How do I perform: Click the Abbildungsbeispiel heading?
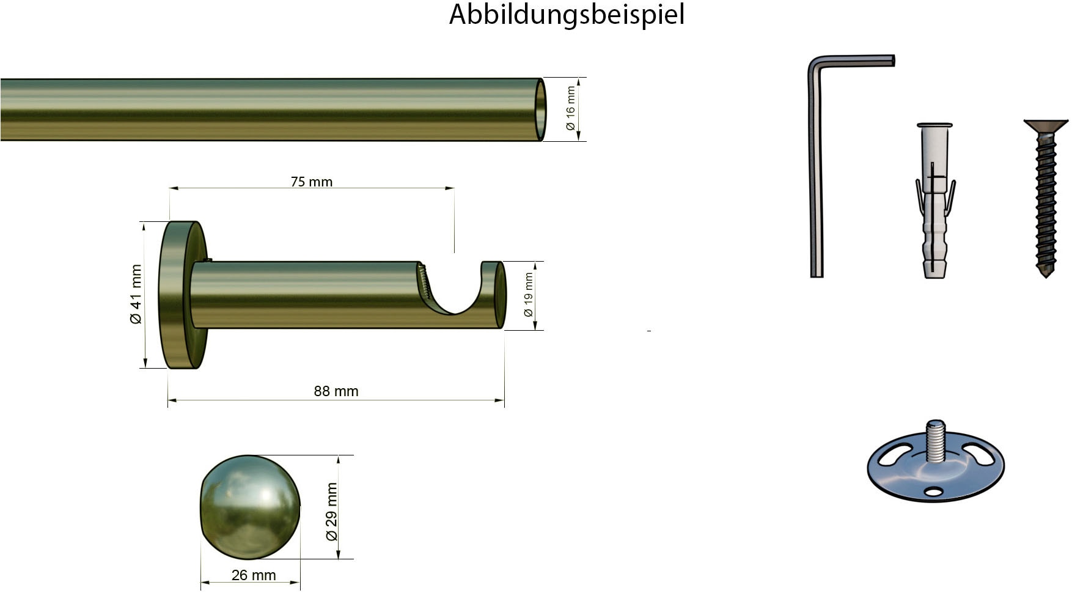click(567, 15)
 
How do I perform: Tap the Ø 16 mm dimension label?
click(570, 108)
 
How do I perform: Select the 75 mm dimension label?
click(312, 182)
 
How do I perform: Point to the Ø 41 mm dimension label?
click(136, 294)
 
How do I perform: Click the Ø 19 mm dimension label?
click(529, 295)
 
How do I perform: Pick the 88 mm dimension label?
click(336, 391)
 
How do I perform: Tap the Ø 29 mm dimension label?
click(331, 512)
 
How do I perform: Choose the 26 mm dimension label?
click(254, 575)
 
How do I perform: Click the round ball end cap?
click(250, 507)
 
